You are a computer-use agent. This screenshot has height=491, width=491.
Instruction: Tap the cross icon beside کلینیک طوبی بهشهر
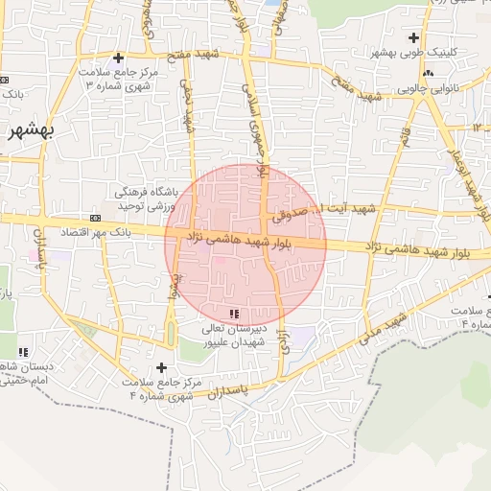tap(413, 38)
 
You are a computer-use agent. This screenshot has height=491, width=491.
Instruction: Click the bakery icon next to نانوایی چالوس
tap(428, 73)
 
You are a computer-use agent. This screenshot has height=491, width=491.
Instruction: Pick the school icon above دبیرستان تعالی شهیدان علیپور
tap(235, 314)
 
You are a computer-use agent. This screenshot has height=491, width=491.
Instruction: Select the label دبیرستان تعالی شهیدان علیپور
tap(234, 337)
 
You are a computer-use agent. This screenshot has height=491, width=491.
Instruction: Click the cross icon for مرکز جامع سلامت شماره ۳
tap(117, 58)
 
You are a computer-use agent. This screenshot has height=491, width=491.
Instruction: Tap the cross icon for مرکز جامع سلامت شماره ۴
tap(161, 367)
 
